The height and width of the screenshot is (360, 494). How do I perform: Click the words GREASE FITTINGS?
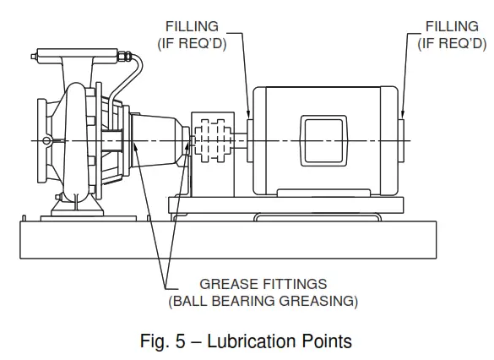[263, 283]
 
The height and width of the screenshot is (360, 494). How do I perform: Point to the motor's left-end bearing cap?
[251, 139]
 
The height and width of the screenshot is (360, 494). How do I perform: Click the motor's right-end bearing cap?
[399, 139]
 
